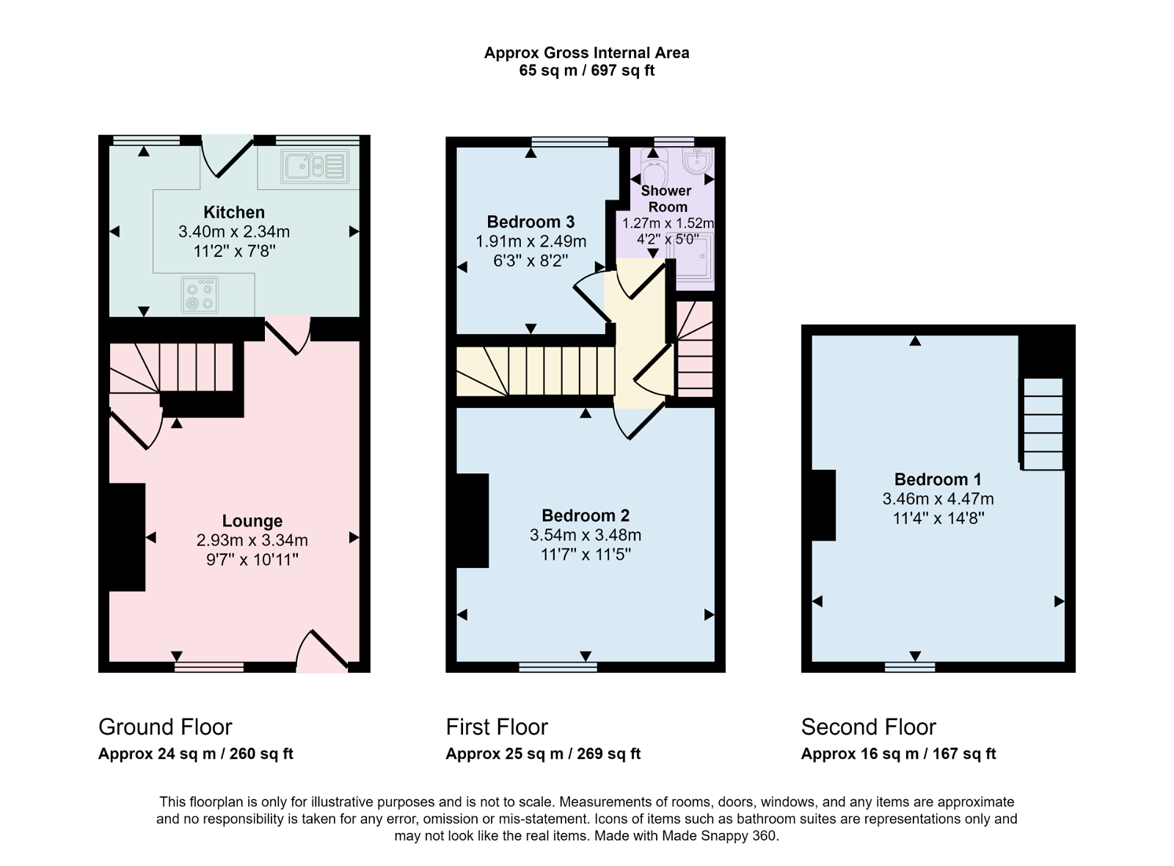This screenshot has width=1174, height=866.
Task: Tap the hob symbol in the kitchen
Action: point(200,295)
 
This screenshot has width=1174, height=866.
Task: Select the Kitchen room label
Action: point(234,212)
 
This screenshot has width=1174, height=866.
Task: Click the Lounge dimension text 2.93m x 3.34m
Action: point(252,541)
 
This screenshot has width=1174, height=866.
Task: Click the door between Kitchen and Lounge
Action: point(288,335)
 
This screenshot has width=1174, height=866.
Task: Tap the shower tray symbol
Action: point(690,258)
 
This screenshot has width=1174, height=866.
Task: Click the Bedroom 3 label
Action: point(531,222)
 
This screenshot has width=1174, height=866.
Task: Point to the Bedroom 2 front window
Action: point(558,667)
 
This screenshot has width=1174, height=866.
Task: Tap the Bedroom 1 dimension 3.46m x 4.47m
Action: point(938,499)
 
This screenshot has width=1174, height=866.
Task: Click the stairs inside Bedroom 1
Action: point(1043,423)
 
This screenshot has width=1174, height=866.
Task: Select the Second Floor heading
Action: point(868,727)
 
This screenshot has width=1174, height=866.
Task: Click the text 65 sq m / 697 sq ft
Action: point(586,71)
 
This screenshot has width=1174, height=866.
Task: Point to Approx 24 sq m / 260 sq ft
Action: point(195,754)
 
